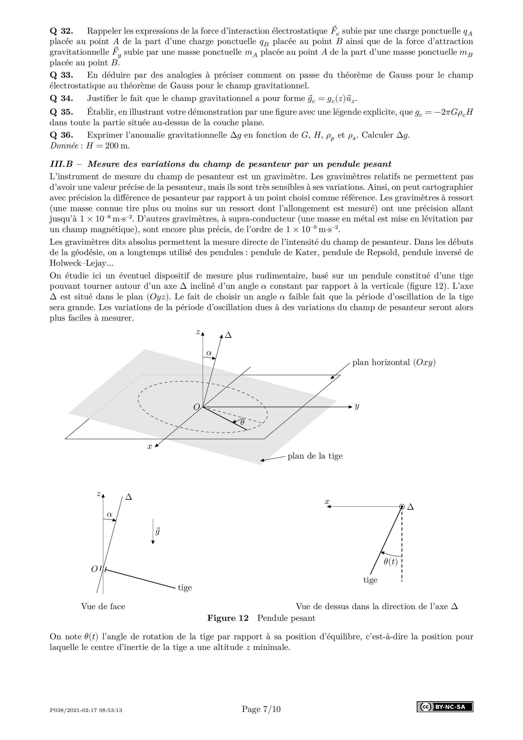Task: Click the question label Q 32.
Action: tap(61, 31)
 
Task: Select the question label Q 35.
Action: tap(61, 112)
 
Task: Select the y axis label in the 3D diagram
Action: tap(357, 406)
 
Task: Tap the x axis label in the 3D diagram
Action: tap(150, 447)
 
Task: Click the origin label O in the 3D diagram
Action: tap(197, 407)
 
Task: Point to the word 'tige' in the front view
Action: tap(185, 588)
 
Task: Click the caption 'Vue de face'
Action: tap(103, 607)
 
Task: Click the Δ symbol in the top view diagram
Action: tap(410, 507)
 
